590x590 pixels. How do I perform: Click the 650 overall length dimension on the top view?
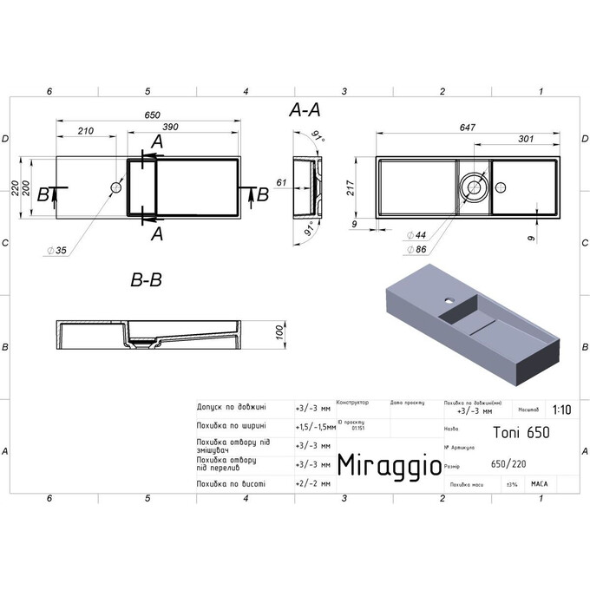153,115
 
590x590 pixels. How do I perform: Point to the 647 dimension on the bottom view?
467,128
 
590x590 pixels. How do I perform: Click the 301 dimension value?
524,139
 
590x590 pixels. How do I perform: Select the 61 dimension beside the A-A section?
281,182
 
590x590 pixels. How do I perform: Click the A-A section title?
305,110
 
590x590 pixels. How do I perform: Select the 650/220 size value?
508,464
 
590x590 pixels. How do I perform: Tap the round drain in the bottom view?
475,185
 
